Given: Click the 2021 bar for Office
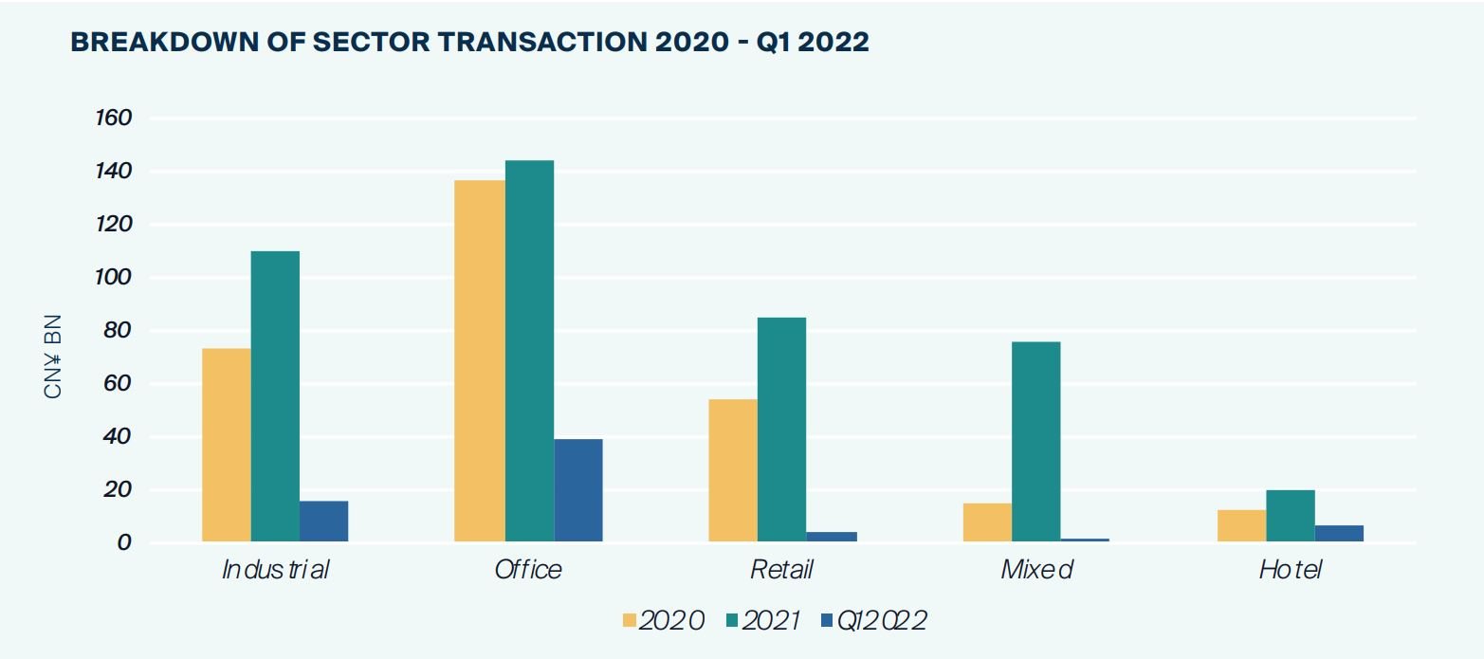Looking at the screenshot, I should pos(529,351).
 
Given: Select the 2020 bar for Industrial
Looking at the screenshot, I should pos(227,445).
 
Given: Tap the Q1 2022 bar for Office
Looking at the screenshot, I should pos(578,490).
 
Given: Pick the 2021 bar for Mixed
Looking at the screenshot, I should pos(1036,442).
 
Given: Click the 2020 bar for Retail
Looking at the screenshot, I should pos(733,470).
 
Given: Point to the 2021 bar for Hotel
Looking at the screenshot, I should pos(1291,516).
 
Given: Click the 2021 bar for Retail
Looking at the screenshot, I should pos(782,430).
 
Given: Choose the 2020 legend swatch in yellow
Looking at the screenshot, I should pos(630,620).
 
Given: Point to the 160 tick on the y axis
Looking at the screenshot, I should pos(113,119).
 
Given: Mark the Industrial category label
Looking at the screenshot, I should pos(275,569).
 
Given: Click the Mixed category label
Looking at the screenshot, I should pos(1036,569).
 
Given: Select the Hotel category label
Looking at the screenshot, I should pos(1291,569).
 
